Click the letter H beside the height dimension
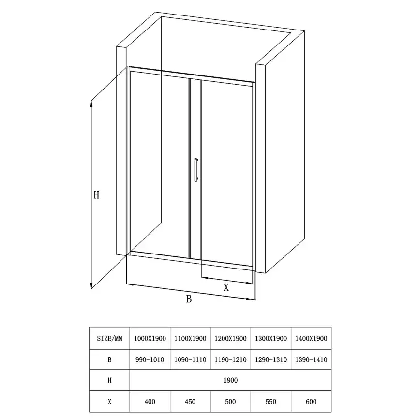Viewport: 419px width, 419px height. tap(96, 195)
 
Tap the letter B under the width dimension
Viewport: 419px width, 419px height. tap(189, 299)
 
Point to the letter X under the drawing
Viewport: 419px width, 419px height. tap(226, 287)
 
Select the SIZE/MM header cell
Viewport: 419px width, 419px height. tap(109, 338)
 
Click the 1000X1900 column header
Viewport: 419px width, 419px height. tap(150, 338)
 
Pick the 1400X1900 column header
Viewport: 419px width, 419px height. tap(311, 338)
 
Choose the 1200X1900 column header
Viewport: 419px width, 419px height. tap(231, 338)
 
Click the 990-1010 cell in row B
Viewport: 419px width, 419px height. tap(150, 359)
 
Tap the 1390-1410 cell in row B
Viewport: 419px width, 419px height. tap(311, 359)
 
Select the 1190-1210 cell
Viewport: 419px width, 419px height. tap(231, 359)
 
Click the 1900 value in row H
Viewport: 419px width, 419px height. tap(231, 380)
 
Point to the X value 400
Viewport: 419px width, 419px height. tap(150, 401)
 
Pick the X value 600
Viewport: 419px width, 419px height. tap(311, 401)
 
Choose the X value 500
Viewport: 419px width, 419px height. tap(231, 401)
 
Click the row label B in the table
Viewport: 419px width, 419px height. tap(109, 359)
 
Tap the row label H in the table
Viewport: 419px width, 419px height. tap(109, 380)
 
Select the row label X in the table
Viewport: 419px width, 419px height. tap(109, 401)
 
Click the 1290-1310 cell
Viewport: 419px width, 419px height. tap(271, 359)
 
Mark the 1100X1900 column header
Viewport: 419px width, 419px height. tap(190, 338)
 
